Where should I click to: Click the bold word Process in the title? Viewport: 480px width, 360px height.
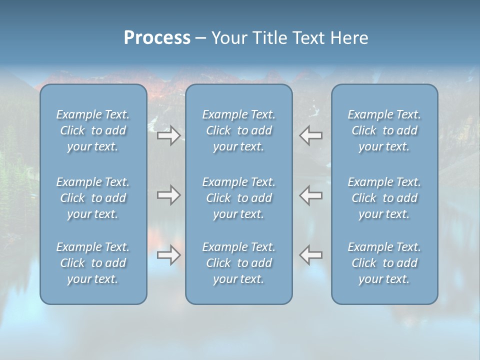(x=157, y=38)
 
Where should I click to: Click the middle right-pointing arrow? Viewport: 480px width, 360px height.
(x=168, y=195)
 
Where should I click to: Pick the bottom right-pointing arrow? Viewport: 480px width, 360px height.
(x=168, y=254)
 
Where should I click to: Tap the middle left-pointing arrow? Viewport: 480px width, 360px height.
(x=311, y=195)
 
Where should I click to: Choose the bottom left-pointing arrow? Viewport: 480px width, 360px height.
(x=311, y=254)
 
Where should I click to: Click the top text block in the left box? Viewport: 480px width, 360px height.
(x=93, y=130)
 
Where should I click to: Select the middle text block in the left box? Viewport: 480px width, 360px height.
(x=93, y=198)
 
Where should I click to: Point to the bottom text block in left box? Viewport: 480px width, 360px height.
(x=93, y=263)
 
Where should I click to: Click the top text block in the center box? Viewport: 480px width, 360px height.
(x=238, y=130)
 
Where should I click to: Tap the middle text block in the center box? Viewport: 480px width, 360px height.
(x=238, y=198)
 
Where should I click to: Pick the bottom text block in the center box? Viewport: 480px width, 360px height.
(x=238, y=263)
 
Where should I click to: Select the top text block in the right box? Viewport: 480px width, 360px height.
(x=384, y=130)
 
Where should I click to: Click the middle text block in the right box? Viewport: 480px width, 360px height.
(x=384, y=198)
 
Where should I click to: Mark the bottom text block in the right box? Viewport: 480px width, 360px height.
(x=384, y=263)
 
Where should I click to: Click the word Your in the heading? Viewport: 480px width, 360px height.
(x=228, y=38)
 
